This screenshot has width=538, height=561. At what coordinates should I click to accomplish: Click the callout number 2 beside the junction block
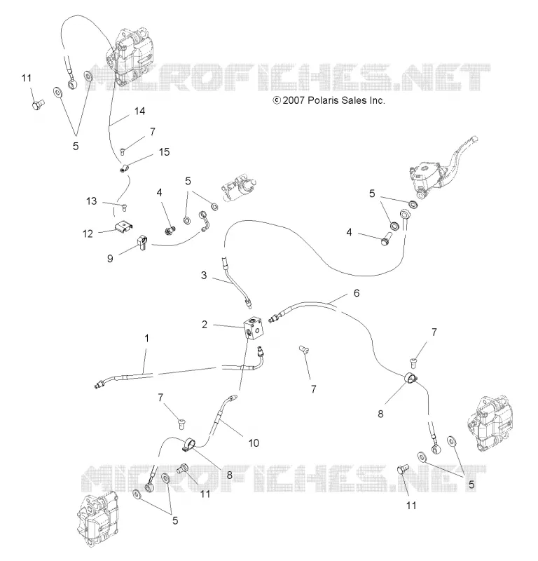205,325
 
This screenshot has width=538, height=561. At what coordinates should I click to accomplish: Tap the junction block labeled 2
254,327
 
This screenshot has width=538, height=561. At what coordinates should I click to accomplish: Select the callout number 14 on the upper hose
140,111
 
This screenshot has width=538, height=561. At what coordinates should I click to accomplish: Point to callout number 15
164,152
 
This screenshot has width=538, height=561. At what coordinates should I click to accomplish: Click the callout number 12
88,234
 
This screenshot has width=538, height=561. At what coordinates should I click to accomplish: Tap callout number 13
92,201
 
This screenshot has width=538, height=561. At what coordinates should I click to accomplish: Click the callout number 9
110,258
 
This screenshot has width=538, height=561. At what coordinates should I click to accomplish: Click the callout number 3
204,275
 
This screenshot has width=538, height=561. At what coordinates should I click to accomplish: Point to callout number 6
357,293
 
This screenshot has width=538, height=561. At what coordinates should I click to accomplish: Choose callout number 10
254,443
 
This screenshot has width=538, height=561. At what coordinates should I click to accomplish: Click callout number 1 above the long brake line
146,338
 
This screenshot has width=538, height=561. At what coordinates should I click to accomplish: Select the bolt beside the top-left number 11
38,104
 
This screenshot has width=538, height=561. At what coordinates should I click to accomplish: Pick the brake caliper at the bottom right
487,423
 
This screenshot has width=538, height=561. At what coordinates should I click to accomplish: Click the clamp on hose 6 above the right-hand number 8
412,378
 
